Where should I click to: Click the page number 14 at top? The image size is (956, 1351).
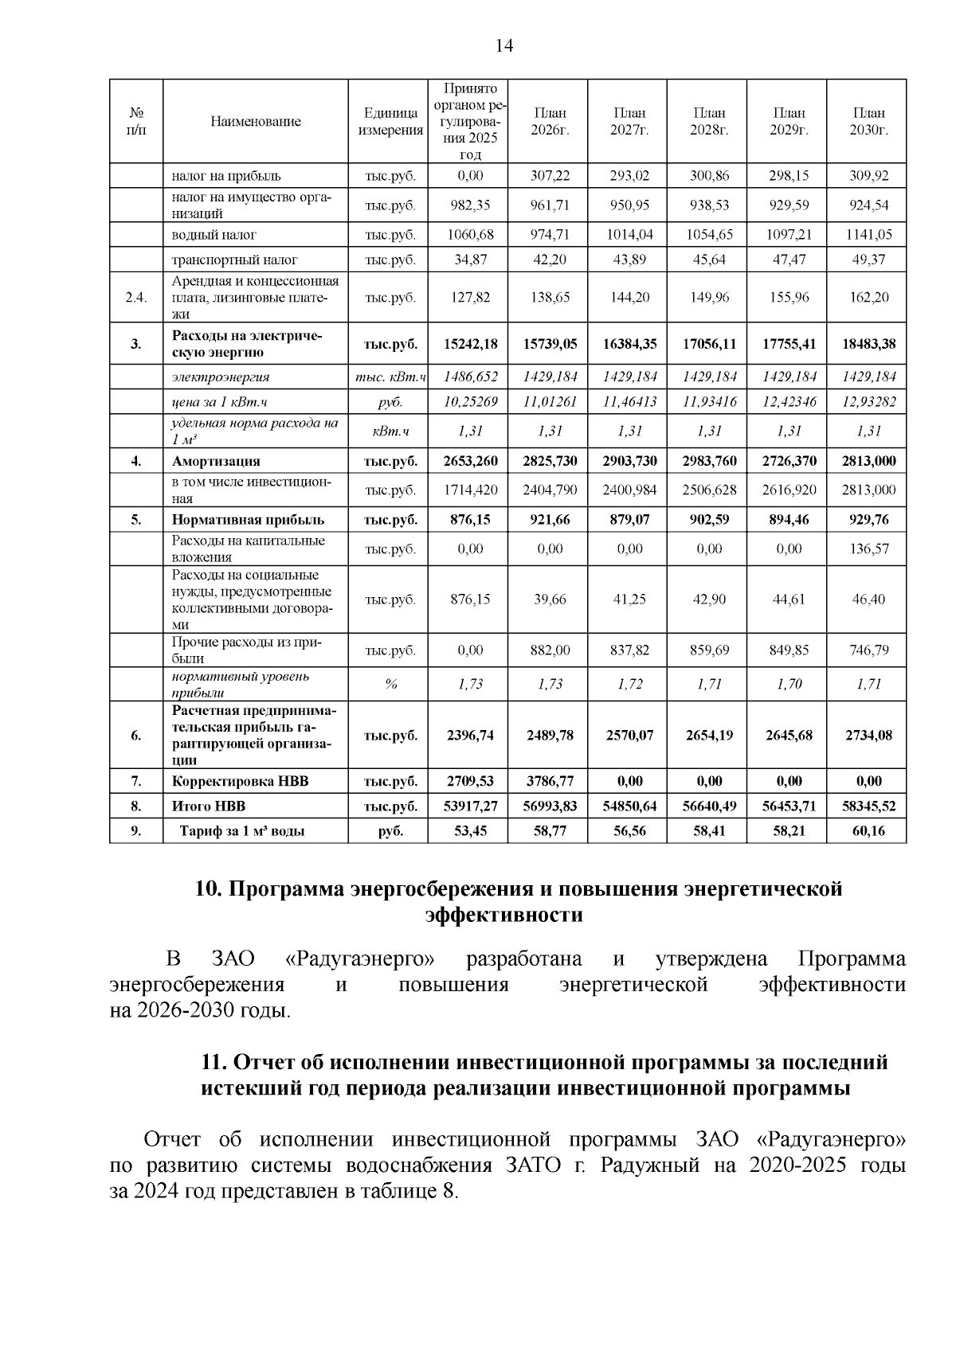tap(503, 45)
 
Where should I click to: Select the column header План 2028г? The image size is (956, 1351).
tap(709, 122)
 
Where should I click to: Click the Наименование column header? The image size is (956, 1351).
tap(256, 122)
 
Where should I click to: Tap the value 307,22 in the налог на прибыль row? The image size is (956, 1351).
tap(550, 175)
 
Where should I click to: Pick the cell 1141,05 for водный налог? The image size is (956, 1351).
tap(868, 235)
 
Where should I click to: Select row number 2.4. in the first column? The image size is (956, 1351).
tap(136, 297)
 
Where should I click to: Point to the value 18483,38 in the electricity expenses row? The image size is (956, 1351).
tap(868, 344)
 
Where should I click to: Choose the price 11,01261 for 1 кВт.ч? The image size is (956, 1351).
tap(550, 401)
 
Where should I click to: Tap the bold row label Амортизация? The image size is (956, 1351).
tap(216, 461)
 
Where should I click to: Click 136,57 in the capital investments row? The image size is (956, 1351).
tap(868, 549)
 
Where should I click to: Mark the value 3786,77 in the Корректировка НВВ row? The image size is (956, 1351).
tap(550, 781)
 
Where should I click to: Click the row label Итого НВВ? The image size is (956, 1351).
tap(202, 806)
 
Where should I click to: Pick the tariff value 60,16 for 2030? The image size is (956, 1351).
tap(868, 831)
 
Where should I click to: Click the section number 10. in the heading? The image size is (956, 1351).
tap(210, 888)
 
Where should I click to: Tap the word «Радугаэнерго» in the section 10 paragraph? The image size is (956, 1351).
tap(361, 959)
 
